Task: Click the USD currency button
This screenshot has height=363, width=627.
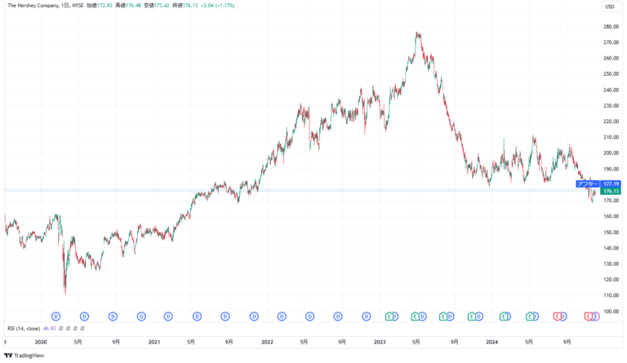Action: tap(609, 7)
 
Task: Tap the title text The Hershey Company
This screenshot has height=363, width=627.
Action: tap(33, 7)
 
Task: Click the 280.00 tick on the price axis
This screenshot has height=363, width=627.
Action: tap(609, 27)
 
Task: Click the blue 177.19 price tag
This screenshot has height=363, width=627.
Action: tap(611, 184)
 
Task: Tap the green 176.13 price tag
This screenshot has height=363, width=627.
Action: tap(611, 190)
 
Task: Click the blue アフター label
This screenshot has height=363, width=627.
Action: tap(588, 184)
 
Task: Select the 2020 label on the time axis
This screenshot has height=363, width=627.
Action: tap(41, 342)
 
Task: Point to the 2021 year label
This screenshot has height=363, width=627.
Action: tap(153, 342)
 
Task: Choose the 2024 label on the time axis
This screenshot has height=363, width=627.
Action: tap(491, 342)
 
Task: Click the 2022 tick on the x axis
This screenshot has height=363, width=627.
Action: tap(266, 342)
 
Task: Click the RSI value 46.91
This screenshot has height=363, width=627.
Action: tap(49, 328)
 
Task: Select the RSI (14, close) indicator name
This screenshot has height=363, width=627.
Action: tap(22, 328)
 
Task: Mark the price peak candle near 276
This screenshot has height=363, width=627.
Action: tap(417, 34)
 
